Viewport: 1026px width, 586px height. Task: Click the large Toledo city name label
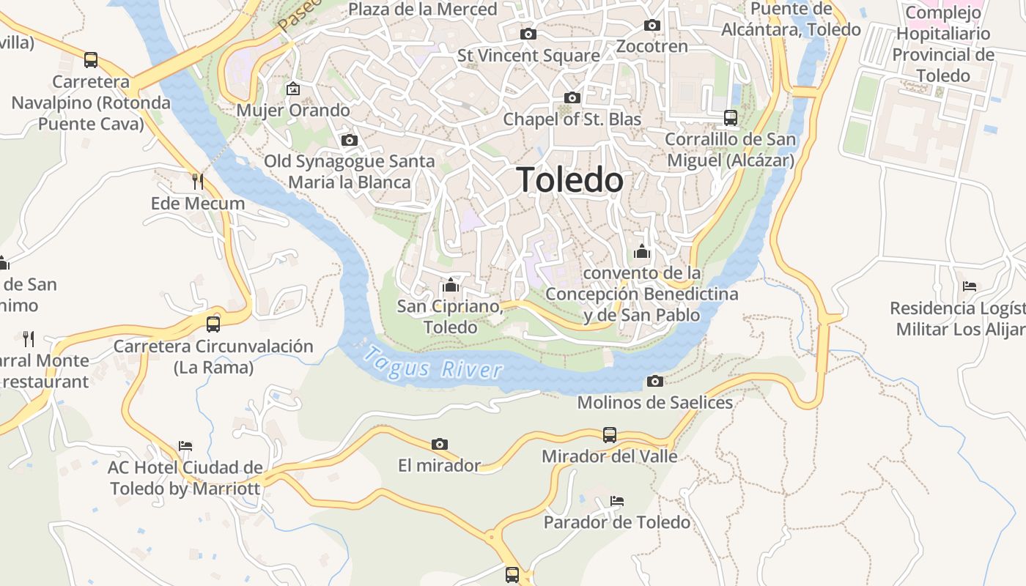pos(570,180)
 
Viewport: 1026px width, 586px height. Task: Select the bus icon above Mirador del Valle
pos(610,435)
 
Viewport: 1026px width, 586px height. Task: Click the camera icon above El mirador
pos(440,444)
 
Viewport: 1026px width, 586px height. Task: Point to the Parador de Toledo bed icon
pos(617,501)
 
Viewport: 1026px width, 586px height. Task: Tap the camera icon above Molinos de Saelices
pos(655,381)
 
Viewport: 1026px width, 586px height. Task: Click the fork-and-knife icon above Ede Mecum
pos(197,181)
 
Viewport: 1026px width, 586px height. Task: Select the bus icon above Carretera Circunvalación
pos(213,324)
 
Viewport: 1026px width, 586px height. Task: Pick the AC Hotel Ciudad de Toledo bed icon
pos(185,445)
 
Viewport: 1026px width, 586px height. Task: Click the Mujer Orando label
pos(293,111)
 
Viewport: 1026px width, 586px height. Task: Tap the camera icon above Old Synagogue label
pos(350,140)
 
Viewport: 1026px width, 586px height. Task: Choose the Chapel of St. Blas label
pos(572,119)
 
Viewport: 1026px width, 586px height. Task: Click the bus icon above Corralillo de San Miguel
pos(730,117)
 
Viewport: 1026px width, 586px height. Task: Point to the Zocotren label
pos(652,46)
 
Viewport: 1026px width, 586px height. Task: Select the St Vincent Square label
pos(528,56)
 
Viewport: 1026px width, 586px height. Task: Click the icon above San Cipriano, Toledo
pos(450,284)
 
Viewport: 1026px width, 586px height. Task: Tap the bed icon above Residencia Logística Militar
pos(970,286)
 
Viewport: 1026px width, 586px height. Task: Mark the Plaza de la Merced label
pos(423,10)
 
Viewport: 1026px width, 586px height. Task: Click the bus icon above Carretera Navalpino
pos(91,60)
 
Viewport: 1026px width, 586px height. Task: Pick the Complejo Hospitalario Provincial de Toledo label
pos(942,44)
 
